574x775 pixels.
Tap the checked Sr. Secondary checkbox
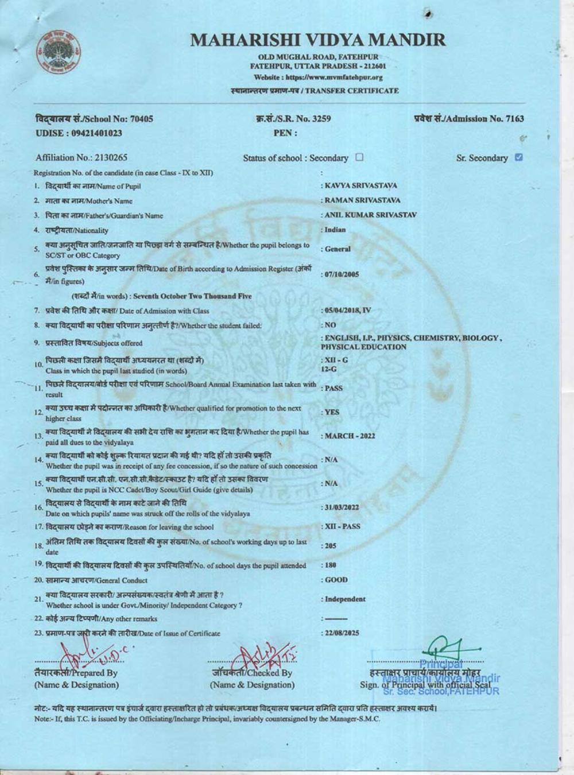point(519,157)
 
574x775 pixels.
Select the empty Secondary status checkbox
point(359,157)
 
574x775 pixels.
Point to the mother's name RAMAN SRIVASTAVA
point(362,200)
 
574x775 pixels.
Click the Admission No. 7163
point(505,119)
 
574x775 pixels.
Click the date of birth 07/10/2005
point(342,274)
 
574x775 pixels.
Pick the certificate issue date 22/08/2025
point(342,633)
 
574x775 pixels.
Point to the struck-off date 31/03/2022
point(342,507)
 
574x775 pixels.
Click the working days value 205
point(331,545)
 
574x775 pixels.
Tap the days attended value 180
point(331,565)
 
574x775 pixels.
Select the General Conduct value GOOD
point(336,580)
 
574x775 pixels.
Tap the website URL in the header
point(318,77)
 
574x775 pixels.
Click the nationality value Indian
point(335,230)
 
